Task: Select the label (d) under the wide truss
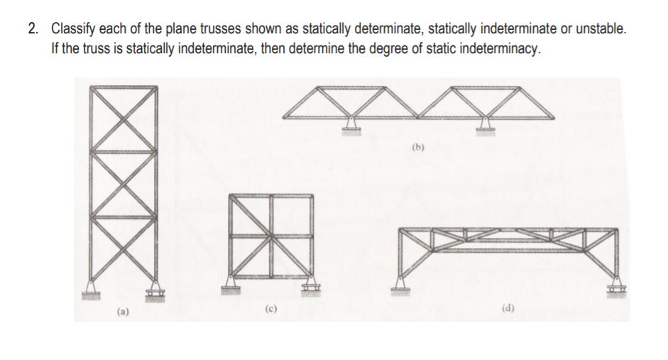pyautogui.click(x=508, y=308)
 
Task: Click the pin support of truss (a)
pyautogui.click(x=91, y=287)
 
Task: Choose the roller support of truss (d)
pyautogui.click(x=615, y=286)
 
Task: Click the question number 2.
pyautogui.click(x=33, y=29)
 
